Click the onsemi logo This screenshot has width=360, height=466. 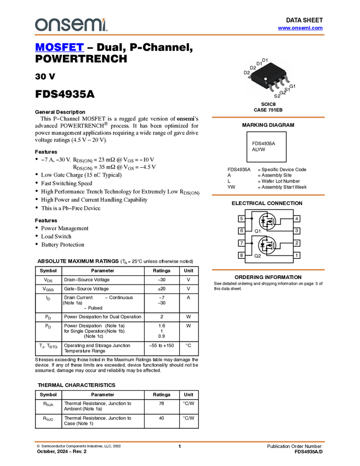(x=71, y=25)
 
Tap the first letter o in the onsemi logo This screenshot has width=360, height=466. (x=39, y=25)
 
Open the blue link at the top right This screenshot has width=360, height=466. (x=300, y=28)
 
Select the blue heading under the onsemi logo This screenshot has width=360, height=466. (x=59, y=48)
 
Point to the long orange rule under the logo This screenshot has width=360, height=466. (x=179, y=35)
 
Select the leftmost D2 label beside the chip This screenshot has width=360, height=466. (x=247, y=73)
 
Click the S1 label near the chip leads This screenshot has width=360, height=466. (x=287, y=89)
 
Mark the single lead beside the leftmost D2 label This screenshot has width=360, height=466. (x=250, y=78)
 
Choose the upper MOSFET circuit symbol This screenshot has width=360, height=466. (x=268, y=222)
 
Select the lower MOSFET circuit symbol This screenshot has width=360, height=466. (x=267, y=246)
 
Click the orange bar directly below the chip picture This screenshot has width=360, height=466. (x=268, y=117)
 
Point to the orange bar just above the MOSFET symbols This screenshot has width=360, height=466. (x=268, y=195)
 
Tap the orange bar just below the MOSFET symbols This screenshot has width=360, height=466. (x=268, y=270)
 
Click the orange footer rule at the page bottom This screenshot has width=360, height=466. (x=179, y=441)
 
